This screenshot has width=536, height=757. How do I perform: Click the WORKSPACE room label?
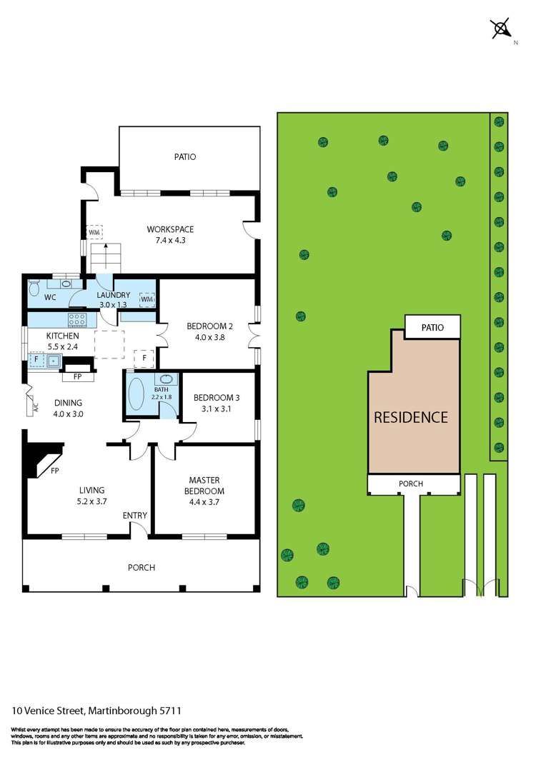pos(170,229)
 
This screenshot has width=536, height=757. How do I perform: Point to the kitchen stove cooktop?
pos(77,320)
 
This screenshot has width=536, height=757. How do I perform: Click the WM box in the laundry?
pos(147,299)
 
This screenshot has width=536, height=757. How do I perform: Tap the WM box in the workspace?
pos(94,232)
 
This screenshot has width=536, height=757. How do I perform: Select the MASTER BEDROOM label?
pos(204,486)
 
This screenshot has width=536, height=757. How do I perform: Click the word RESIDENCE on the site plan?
pos(411,417)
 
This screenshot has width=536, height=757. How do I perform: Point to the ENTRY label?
pos(135,516)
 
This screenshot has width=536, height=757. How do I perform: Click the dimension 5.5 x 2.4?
pos(63,346)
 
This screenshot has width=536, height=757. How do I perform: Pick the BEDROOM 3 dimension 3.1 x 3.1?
pos(216,408)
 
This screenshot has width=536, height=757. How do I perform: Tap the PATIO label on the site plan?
pos(432,327)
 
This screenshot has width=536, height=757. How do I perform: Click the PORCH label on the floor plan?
pos(142,568)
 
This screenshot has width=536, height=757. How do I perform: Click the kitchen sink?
pos(54,360)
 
